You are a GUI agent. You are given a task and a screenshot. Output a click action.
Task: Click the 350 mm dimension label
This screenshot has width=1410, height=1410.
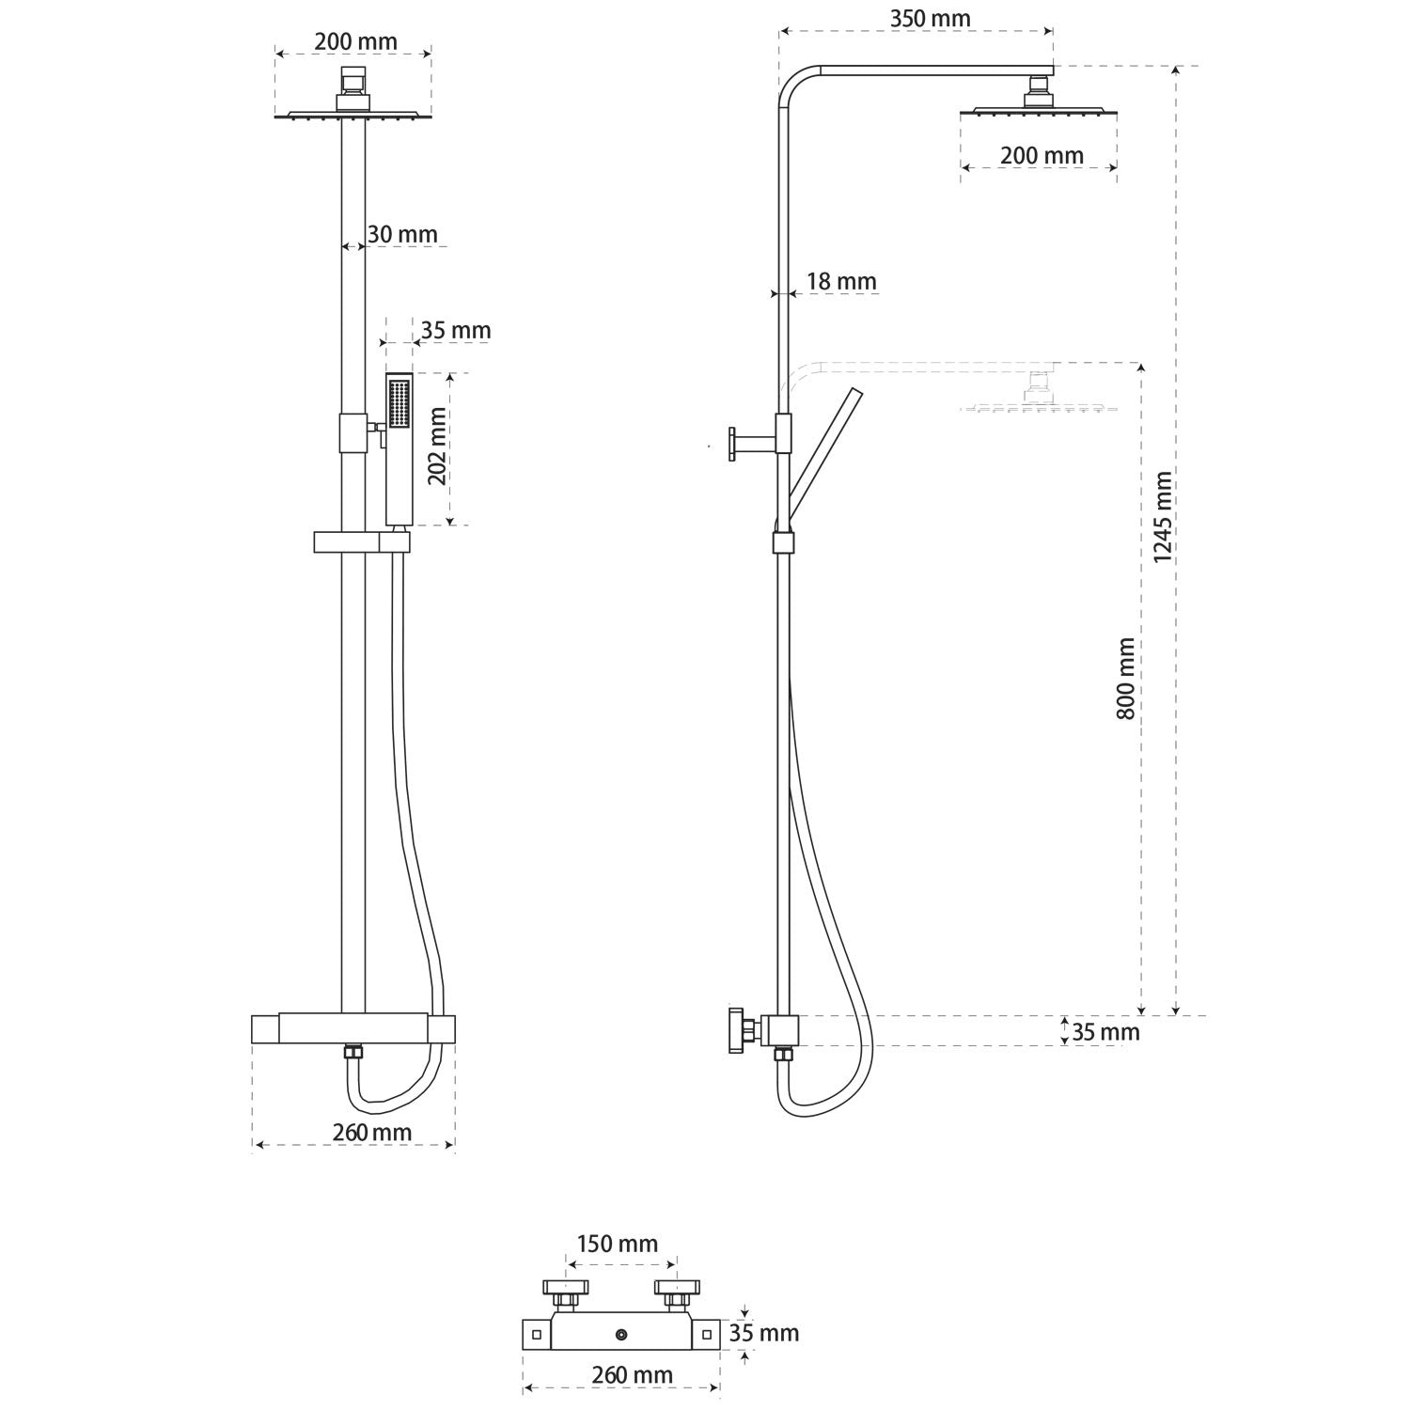tap(930, 19)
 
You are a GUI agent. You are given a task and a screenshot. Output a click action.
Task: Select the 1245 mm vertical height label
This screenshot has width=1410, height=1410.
tap(1163, 517)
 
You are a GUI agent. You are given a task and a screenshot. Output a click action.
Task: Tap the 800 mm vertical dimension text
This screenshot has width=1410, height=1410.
tap(1126, 678)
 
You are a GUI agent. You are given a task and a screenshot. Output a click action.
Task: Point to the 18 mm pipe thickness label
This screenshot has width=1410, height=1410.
tap(841, 281)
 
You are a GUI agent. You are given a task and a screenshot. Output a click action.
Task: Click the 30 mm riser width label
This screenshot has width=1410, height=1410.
tap(402, 234)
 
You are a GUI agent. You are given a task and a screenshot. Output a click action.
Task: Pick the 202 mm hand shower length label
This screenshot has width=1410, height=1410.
tap(437, 447)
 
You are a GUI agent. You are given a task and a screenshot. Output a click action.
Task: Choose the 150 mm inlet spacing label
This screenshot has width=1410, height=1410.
tap(617, 1244)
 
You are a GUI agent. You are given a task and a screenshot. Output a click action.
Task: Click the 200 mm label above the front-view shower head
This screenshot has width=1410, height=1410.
tap(355, 41)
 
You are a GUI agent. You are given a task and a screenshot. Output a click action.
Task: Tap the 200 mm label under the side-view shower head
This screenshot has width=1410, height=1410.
tap(1041, 155)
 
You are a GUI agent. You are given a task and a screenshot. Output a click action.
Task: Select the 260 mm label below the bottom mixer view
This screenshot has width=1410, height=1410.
tap(632, 1374)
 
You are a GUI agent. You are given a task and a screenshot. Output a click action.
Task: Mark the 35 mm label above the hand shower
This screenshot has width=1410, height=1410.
tap(455, 330)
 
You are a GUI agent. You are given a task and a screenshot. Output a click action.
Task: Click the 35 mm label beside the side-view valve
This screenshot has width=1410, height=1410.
tap(1105, 1031)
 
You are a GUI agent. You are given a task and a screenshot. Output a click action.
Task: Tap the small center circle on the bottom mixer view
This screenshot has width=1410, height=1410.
tap(621, 1334)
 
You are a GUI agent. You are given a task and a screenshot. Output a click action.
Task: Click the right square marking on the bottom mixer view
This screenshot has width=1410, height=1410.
tap(705, 1334)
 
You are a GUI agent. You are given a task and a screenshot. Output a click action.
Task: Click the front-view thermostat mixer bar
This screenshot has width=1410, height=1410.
tap(353, 1028)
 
